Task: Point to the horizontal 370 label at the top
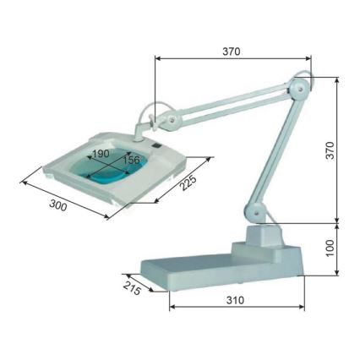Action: tap(231, 51)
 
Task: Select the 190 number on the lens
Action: tap(100, 154)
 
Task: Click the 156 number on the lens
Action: tap(131, 160)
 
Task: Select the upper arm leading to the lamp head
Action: tap(232, 105)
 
